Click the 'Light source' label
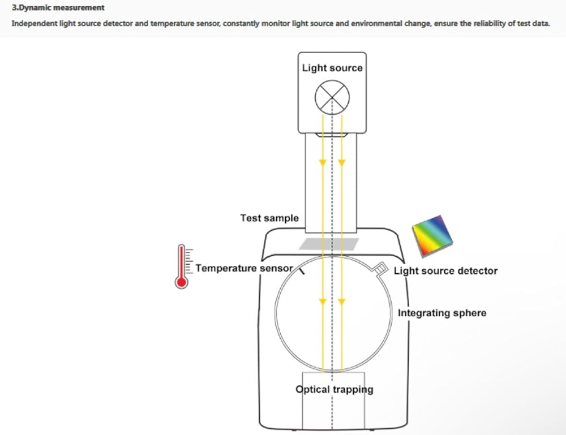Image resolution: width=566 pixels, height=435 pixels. click(332, 68)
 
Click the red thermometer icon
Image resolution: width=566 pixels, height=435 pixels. click(182, 266)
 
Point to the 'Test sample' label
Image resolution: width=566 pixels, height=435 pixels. click(269, 218)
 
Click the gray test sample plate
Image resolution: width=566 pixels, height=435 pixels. click(329, 243)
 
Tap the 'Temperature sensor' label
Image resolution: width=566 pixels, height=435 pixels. click(244, 268)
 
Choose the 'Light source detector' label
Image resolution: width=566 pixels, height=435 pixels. click(445, 271)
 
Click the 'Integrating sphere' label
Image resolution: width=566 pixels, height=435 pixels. click(441, 313)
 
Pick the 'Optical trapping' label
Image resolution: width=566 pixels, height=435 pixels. click(334, 389)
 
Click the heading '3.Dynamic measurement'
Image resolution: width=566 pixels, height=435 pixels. click(58, 8)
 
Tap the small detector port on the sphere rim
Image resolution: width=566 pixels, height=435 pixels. click(381, 267)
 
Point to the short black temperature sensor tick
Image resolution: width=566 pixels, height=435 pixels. click(301, 271)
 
